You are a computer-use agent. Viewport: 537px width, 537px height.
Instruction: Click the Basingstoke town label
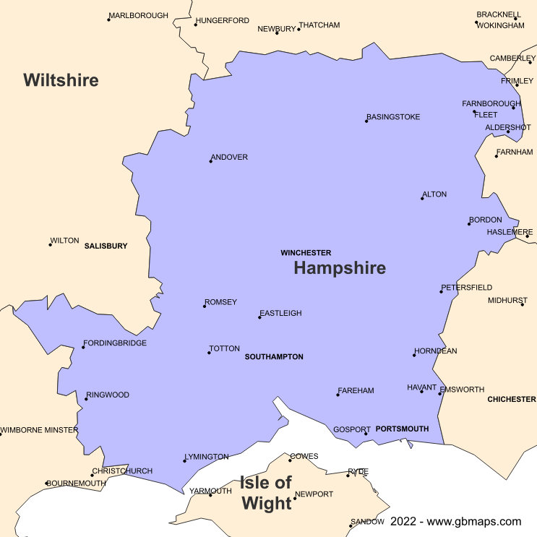click(394, 117)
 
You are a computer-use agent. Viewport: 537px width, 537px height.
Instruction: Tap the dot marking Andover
click(211, 161)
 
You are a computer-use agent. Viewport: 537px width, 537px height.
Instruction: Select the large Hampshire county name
click(340, 268)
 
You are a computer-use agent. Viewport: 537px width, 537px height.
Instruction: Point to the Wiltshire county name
click(61, 80)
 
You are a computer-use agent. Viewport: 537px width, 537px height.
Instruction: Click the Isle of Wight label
click(267, 493)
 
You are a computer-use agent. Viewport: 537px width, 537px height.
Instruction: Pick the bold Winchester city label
click(306, 253)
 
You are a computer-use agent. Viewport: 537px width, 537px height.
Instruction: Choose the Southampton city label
click(274, 357)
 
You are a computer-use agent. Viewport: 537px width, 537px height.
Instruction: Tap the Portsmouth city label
click(402, 429)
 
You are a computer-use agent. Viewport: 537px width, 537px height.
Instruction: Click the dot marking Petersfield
click(442, 291)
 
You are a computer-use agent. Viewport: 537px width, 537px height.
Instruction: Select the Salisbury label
click(106, 246)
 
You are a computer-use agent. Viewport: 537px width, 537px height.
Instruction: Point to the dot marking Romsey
click(205, 306)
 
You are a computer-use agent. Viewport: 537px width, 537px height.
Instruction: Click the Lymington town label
click(207, 457)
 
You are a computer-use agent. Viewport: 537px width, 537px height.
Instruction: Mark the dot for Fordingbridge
click(83, 347)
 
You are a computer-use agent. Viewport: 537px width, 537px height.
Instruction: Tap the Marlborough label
click(139, 15)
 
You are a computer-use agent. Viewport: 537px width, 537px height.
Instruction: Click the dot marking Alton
click(422, 198)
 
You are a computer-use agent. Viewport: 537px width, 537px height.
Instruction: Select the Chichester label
click(512, 399)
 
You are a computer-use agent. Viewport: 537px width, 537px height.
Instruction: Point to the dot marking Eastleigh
click(259, 317)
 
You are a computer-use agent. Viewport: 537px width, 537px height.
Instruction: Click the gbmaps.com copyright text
click(455, 521)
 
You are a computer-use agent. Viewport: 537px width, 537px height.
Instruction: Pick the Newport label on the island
click(314, 494)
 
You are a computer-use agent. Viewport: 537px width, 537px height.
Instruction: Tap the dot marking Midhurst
click(523, 304)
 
